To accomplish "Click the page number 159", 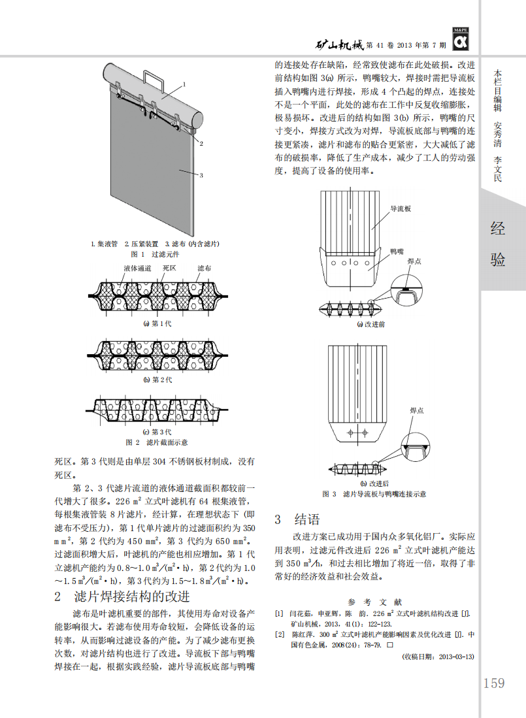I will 494,683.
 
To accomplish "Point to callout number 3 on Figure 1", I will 201,175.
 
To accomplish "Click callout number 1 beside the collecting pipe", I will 184,84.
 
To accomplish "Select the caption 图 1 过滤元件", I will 155,253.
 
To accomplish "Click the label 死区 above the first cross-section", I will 169,268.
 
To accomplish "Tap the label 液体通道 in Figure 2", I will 138,268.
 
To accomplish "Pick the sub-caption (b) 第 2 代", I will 157,379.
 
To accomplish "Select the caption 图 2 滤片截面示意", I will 157,442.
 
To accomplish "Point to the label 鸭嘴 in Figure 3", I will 397,250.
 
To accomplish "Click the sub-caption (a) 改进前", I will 370,324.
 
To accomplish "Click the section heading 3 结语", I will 297,519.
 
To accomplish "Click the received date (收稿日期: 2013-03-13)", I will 438,656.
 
